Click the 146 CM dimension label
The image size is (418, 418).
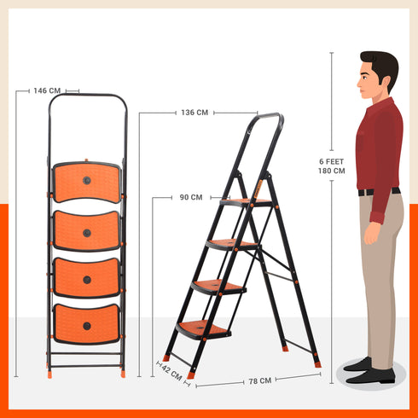coord(49,90)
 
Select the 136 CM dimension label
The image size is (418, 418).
coord(194,113)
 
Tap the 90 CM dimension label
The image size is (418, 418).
coord(190,197)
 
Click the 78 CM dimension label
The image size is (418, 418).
coord(253,380)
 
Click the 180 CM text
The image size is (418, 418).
coord(332,171)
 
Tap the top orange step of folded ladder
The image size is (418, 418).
coord(87,182)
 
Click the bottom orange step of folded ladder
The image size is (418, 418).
coord(87,323)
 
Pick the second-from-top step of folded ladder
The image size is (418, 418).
coord(87,230)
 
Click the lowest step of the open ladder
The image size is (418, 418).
coord(203,328)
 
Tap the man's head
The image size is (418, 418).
coord(377,75)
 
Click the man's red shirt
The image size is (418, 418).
coord(379,145)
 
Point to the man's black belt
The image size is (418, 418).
coord(377,192)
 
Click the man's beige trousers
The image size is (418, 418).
coord(381,273)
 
